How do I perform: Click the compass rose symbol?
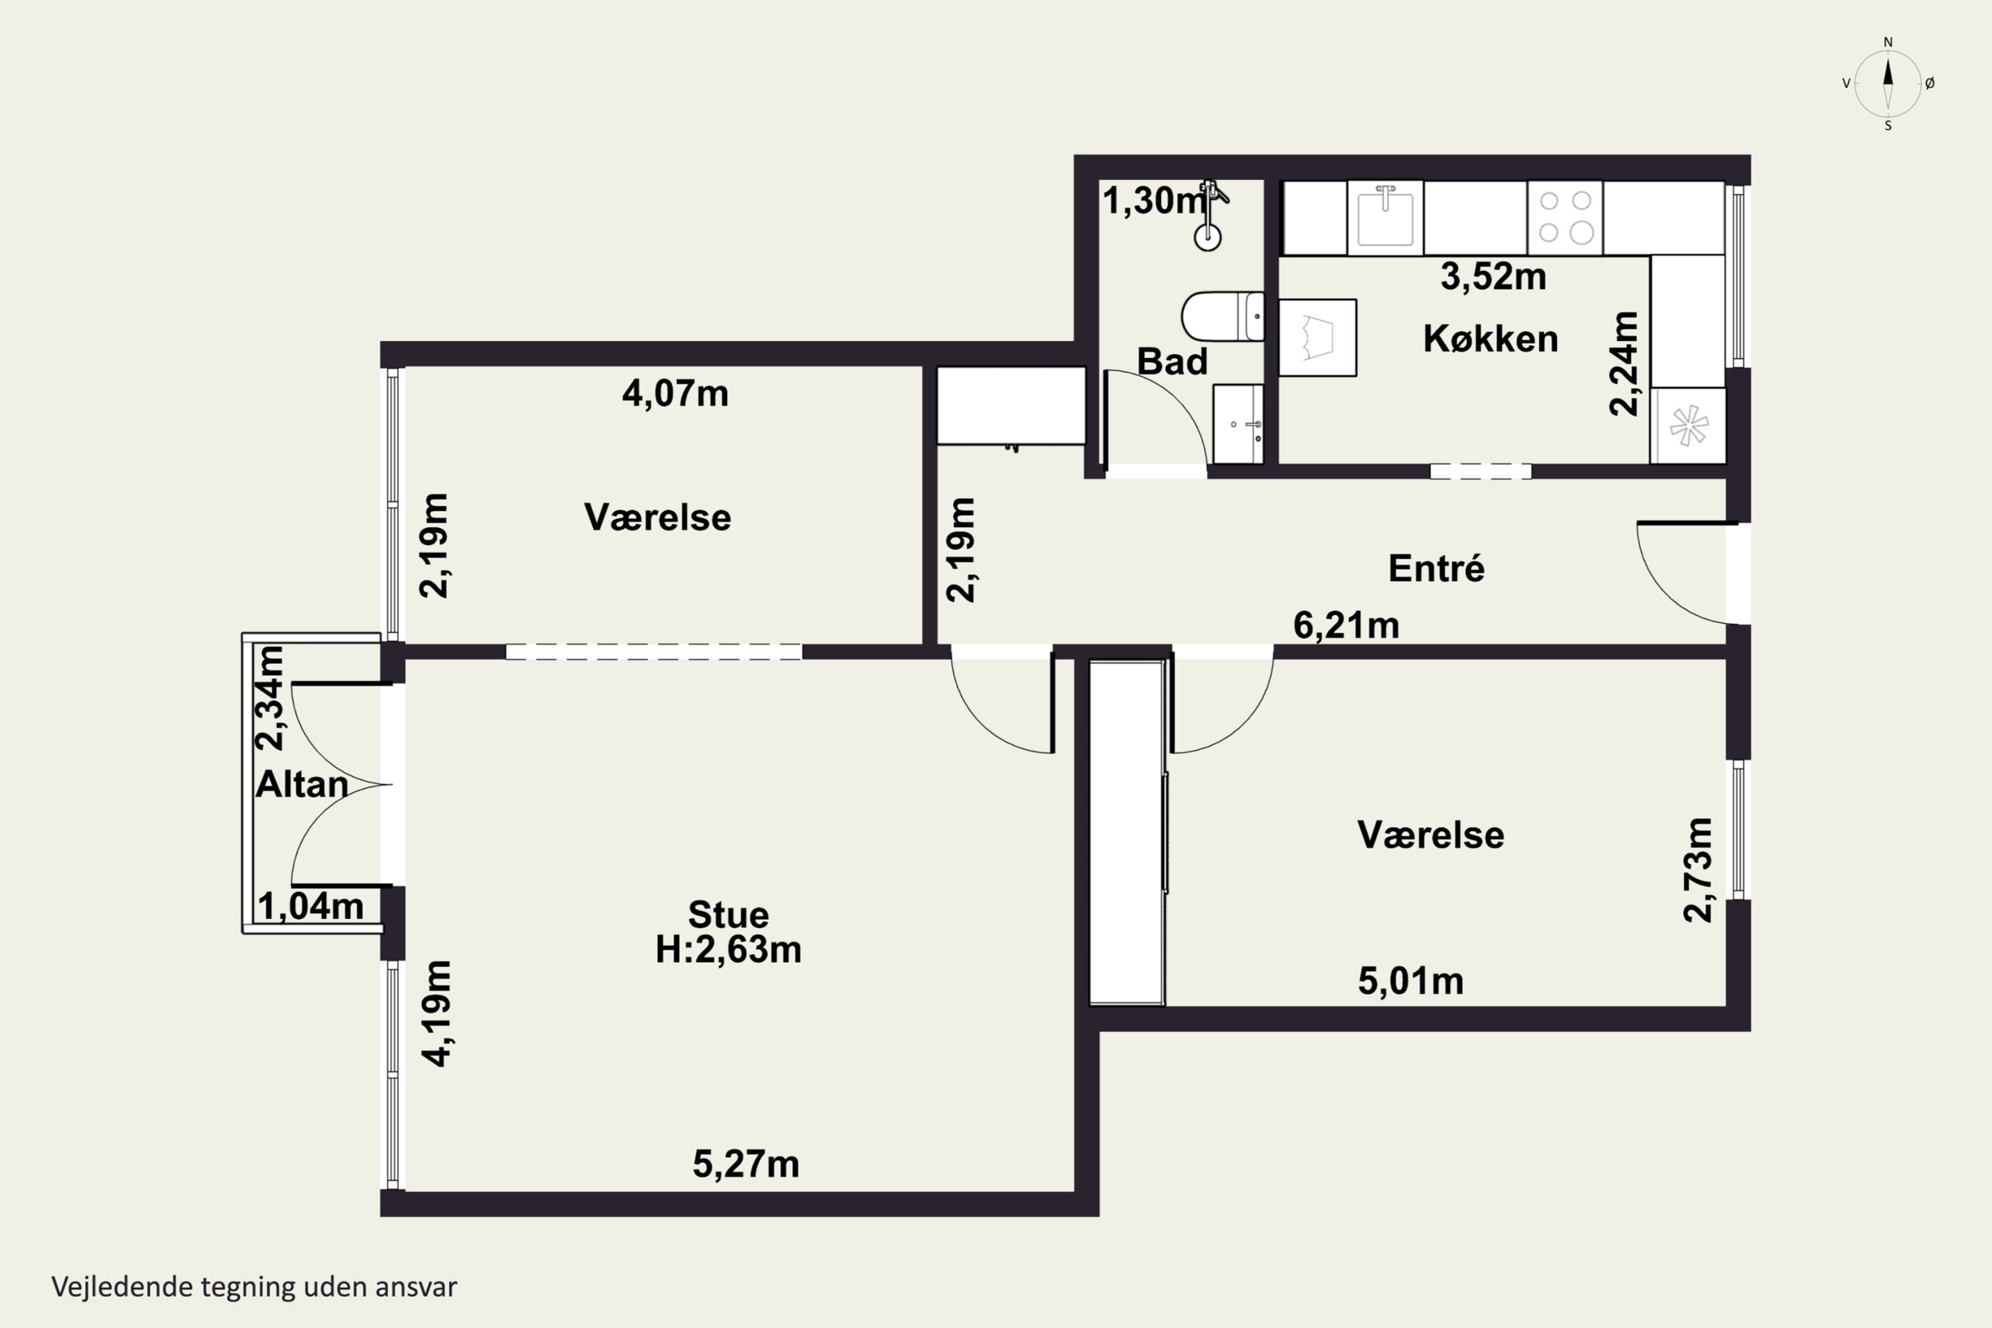[1888, 83]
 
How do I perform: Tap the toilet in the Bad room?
[1222, 317]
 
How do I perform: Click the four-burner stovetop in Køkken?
[1564, 218]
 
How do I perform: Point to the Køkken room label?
[1491, 339]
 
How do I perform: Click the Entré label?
[1436, 568]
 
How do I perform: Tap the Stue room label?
[728, 915]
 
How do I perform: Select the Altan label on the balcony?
[302, 784]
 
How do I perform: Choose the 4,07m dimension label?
[675, 394]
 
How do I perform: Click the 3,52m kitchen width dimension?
[1493, 277]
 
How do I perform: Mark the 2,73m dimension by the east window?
[1698, 870]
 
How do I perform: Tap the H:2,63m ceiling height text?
[728, 950]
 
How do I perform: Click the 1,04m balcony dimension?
[311, 906]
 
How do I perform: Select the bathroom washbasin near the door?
[1238, 424]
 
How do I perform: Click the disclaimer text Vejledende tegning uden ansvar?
[254, 1287]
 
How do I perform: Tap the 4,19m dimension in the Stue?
[438, 1013]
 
